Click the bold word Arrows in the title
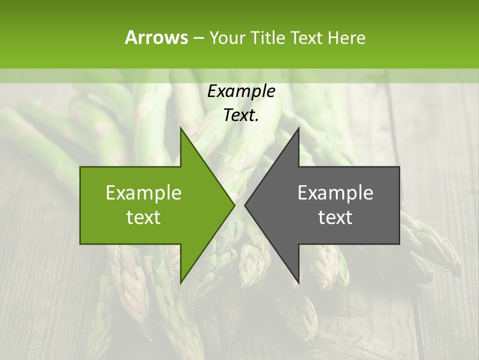point(156,37)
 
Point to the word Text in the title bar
point(307,37)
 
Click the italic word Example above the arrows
point(241,91)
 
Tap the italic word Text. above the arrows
point(241,115)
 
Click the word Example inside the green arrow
point(144,193)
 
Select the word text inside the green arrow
point(144,217)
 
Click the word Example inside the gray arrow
point(335,193)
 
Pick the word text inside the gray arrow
point(335,217)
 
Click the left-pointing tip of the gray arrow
point(245,205)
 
